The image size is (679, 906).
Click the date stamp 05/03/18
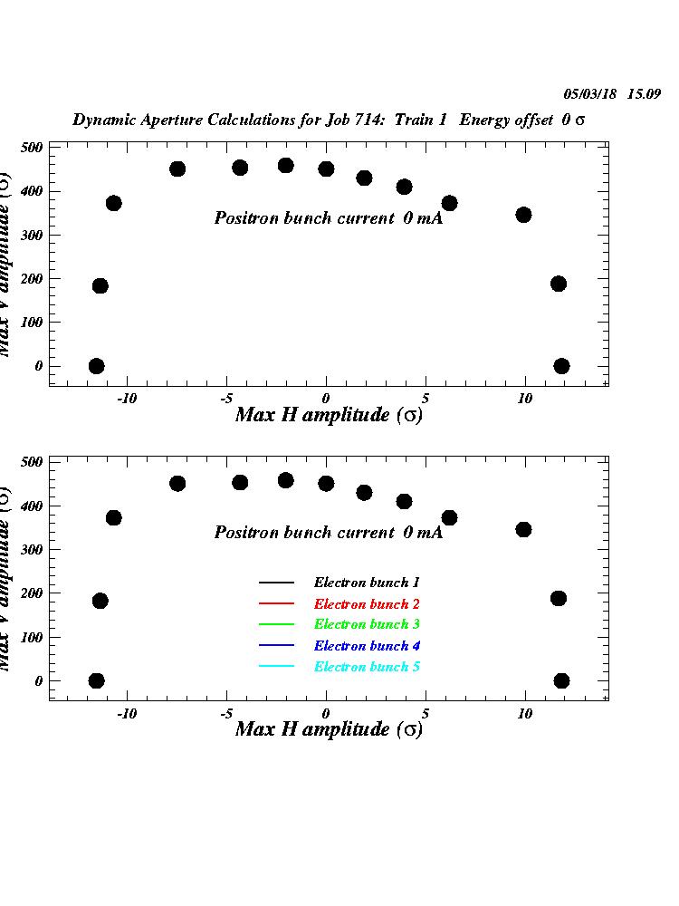589,93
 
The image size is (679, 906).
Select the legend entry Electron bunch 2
367,603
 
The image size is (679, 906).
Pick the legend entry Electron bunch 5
367,667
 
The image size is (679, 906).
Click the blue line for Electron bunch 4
276,646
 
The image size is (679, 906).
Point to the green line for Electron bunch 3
276,624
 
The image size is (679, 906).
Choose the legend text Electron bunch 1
367,583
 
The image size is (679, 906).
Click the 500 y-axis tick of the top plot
33,148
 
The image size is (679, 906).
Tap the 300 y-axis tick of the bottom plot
33,549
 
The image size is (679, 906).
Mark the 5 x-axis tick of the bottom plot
426,713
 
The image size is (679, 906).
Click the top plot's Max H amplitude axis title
329,415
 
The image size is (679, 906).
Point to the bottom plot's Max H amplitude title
329,729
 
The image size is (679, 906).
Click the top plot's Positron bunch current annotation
328,218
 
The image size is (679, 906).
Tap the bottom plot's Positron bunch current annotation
328,533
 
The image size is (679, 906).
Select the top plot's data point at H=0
326,169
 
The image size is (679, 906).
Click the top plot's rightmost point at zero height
561,366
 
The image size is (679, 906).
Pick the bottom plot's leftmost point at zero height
96,680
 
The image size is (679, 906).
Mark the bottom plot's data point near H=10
523,529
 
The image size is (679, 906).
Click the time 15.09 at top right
646,93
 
